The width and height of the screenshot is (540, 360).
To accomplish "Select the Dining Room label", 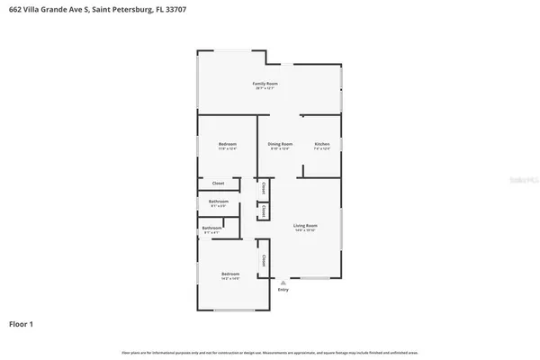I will tap(281, 144).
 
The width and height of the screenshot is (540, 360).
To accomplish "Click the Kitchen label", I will tap(321, 144).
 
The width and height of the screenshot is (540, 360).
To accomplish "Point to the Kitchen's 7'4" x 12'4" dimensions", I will tap(321, 149).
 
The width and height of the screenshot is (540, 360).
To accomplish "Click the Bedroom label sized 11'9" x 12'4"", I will tap(228, 144).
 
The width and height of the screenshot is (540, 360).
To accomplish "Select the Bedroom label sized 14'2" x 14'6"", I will tap(231, 274).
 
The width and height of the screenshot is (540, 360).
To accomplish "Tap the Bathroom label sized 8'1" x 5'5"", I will tap(219, 202).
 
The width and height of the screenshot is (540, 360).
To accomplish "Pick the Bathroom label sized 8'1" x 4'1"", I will tap(212, 229).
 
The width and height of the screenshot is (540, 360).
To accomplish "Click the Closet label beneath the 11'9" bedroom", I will tap(218, 183).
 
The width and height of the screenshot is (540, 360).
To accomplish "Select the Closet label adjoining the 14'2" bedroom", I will tap(263, 259).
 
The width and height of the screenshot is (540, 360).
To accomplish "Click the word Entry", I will tap(283, 290).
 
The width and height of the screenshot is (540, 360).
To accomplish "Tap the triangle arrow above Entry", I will tap(283, 283).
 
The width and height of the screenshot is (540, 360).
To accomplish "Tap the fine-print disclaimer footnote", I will tap(270, 350).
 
